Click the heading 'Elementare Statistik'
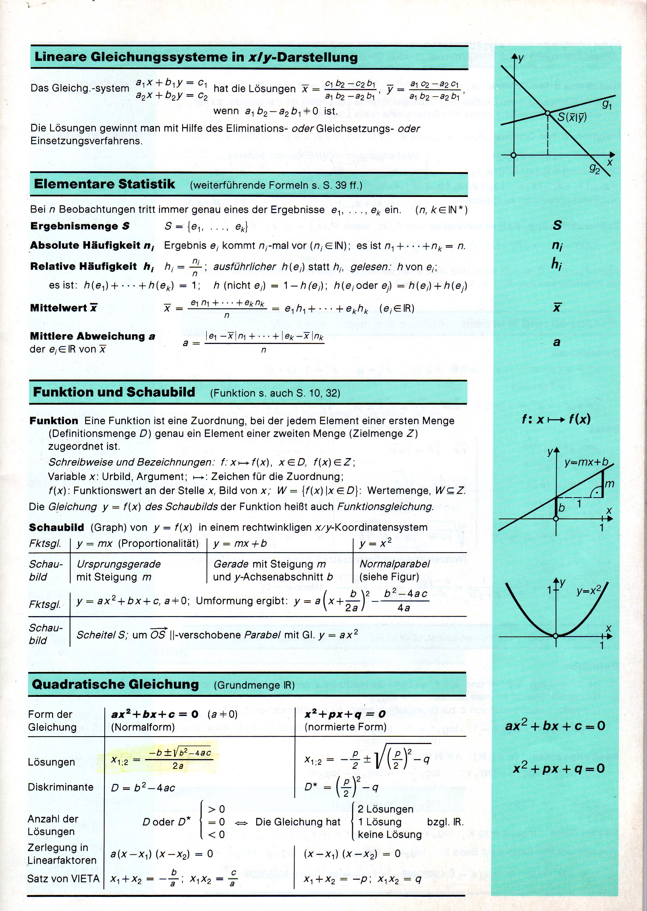pyautogui.click(x=104, y=184)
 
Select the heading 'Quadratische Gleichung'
pyautogui.click(x=115, y=684)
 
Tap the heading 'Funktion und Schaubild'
pyautogui.click(x=114, y=392)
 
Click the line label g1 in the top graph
pyautogui.click(x=607, y=105)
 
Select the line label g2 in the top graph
pyautogui.click(x=594, y=169)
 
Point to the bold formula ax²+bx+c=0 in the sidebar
pyautogui.click(x=555, y=726)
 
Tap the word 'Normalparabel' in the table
pyautogui.click(x=394, y=564)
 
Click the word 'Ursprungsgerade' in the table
pyautogui.click(x=118, y=564)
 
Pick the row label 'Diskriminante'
pyautogui.click(x=61, y=787)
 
